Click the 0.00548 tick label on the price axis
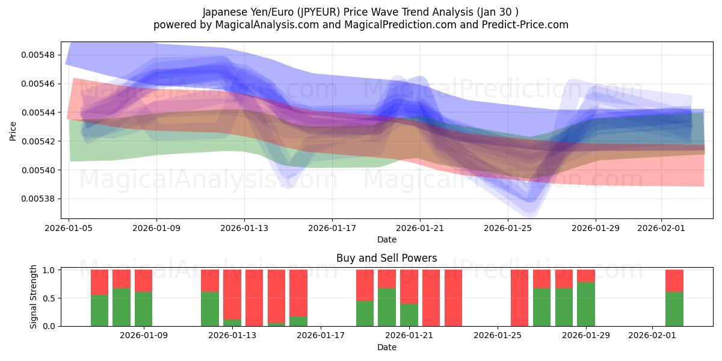38,55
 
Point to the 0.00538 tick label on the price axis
38,199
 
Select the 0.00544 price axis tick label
38,113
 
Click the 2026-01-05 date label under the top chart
69,229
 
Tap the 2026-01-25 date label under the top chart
508,229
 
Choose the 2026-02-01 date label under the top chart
661,229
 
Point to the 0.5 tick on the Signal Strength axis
49,298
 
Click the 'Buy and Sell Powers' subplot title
386,259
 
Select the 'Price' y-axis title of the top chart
13,131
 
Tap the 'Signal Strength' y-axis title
34,297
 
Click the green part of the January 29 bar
586,304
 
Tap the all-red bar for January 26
519,298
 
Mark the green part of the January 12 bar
209,309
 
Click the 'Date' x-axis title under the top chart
386,239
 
